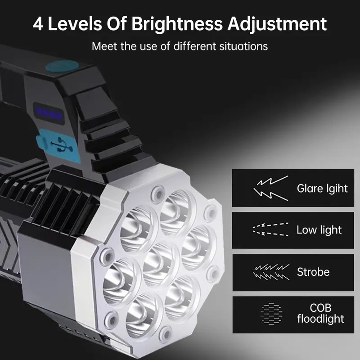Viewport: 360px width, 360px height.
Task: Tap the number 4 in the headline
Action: pos(39,23)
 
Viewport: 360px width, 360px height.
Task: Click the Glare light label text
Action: pos(322,188)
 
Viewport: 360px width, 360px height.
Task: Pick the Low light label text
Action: pos(319,230)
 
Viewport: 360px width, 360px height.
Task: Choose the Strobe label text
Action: pos(313,272)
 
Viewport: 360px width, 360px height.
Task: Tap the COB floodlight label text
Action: pos(320,314)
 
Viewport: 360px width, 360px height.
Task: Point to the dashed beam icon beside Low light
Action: pos(270,229)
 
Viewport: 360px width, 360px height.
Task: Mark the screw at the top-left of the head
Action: pos(157,194)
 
